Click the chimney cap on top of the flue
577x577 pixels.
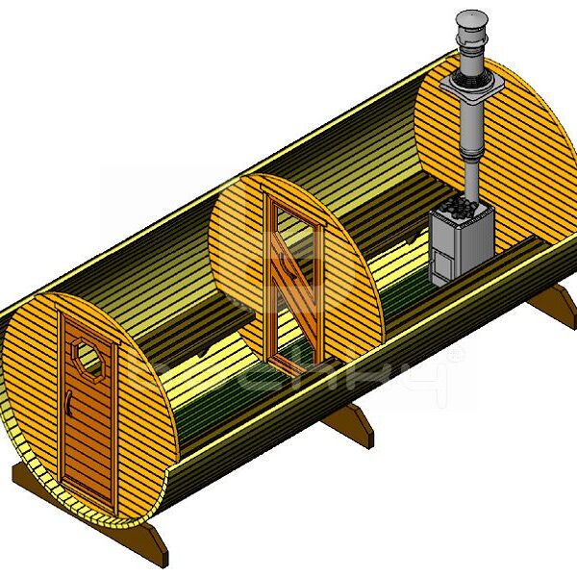pyautogui.click(x=471, y=21)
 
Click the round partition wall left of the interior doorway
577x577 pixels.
pyautogui.click(x=236, y=260)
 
